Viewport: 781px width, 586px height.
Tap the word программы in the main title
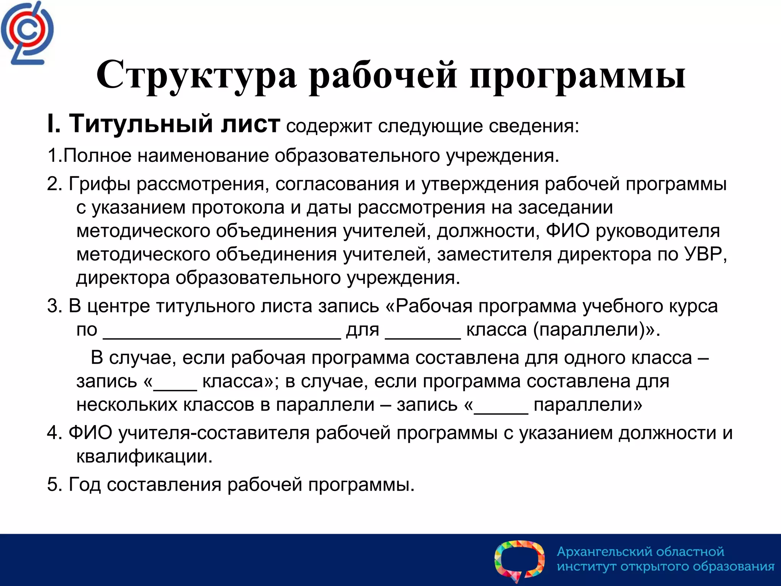coord(577,76)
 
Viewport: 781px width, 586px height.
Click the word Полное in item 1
coord(97,156)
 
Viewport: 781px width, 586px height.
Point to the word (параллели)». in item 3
coord(596,330)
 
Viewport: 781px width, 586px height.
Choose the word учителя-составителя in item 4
coord(214,433)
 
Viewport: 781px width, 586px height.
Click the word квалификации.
coord(144,457)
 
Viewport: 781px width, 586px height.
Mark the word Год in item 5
coord(84,485)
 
